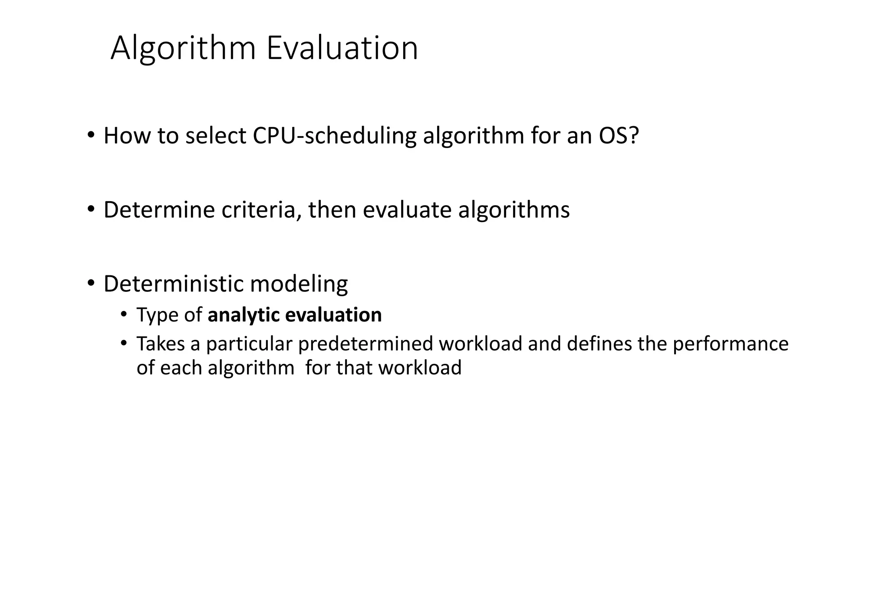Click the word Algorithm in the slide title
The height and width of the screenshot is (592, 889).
[183, 49]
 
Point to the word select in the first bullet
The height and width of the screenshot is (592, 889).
[216, 136]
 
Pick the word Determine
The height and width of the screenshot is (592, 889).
[159, 210]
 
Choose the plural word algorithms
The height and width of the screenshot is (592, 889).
[514, 210]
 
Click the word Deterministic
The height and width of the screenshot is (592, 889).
[174, 284]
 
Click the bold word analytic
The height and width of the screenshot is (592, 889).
[243, 315]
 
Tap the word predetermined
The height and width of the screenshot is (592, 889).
[365, 344]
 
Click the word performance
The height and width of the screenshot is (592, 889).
[730, 344]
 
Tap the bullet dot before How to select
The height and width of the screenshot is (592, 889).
[90, 135]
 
